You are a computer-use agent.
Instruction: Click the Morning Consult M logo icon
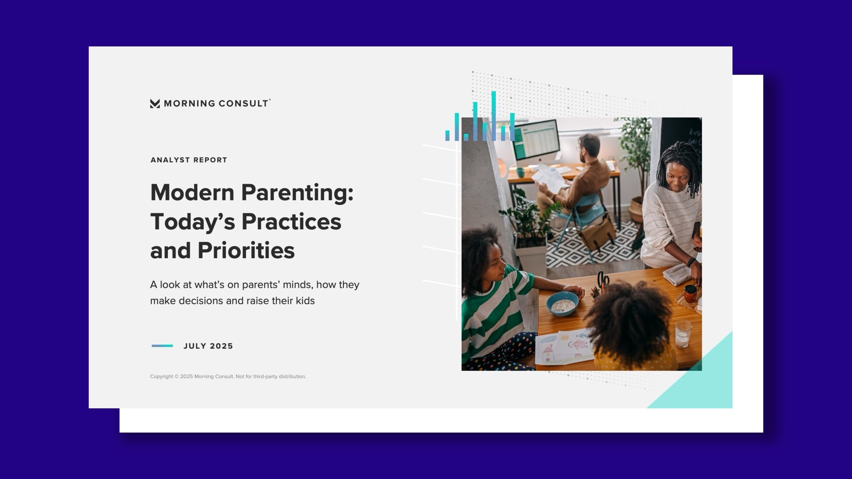(155, 103)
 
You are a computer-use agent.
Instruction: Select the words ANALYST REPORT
(189, 160)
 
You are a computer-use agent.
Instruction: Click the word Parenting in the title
(297, 193)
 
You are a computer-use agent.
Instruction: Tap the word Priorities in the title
(246, 250)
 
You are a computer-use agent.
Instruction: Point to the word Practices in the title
(291, 222)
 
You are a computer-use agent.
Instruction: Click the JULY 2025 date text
(208, 346)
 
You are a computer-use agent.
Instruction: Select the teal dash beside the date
(162, 346)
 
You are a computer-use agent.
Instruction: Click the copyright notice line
(228, 377)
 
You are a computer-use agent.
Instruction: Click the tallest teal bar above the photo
(494, 116)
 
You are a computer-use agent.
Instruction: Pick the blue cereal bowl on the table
(562, 303)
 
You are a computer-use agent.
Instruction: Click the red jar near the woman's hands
(690, 293)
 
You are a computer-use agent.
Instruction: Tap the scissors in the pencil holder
(603, 279)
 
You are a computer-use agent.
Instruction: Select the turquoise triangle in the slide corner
(702, 383)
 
